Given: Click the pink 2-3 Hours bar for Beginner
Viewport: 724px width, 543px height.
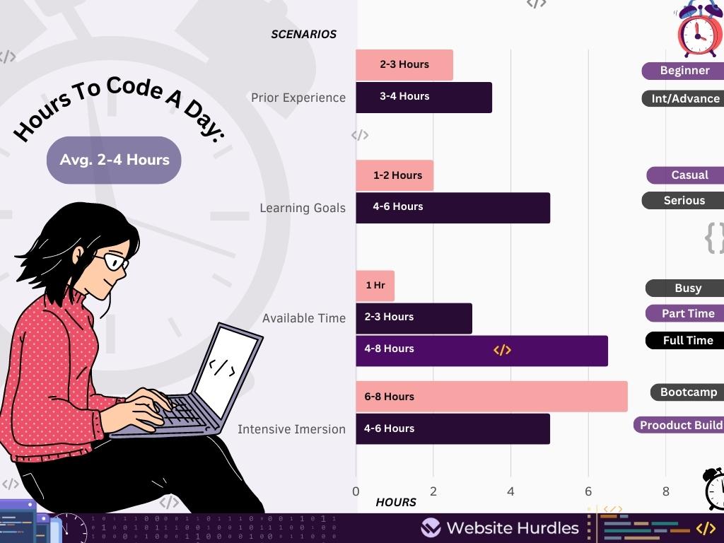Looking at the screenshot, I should (404, 65).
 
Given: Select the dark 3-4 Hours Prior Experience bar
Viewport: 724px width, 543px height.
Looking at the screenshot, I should (423, 98).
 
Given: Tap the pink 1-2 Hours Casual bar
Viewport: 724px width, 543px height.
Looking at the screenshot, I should (395, 175).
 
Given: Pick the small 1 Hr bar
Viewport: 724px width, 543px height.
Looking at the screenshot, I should (375, 286).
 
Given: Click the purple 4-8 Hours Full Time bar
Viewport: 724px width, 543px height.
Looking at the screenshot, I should (481, 351).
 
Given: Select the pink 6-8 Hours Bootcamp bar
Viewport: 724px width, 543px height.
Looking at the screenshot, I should (491, 397).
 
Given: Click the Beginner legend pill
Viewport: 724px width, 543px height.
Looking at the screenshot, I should (684, 71).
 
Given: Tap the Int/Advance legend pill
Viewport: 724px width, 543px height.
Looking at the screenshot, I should (684, 99).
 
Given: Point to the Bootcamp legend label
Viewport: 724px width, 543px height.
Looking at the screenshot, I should (687, 392).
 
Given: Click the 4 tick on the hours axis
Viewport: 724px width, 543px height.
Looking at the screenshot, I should (510, 491).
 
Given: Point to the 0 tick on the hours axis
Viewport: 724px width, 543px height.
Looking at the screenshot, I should (356, 491).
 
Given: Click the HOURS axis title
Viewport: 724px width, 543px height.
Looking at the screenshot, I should (396, 502).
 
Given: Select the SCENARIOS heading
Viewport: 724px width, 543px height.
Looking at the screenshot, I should (303, 34).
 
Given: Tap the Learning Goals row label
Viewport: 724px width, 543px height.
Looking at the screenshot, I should (303, 208).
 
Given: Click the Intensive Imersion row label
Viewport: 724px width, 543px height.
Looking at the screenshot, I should (291, 429).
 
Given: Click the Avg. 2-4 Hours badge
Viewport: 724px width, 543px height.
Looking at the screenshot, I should (114, 160).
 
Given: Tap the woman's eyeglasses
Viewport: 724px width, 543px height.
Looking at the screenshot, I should (113, 262).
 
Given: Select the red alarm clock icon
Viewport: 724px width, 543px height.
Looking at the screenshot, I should (699, 30).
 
